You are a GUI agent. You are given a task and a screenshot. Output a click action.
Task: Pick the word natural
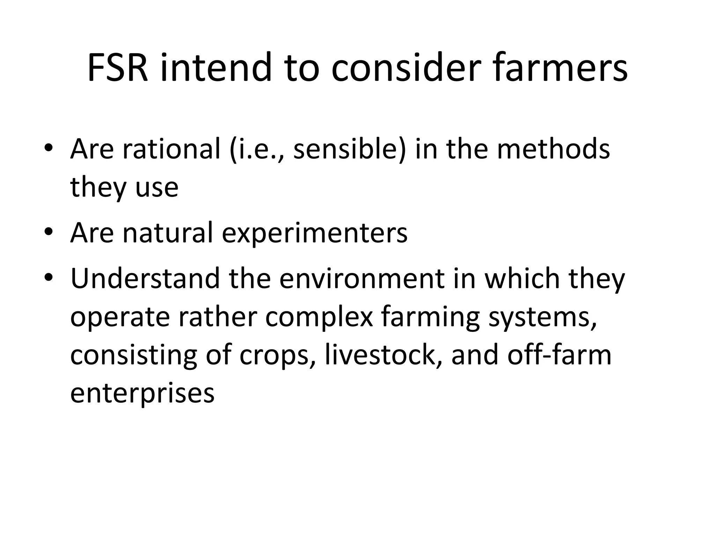tap(168, 233)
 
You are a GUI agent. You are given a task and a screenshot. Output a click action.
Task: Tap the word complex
tap(319, 318)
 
